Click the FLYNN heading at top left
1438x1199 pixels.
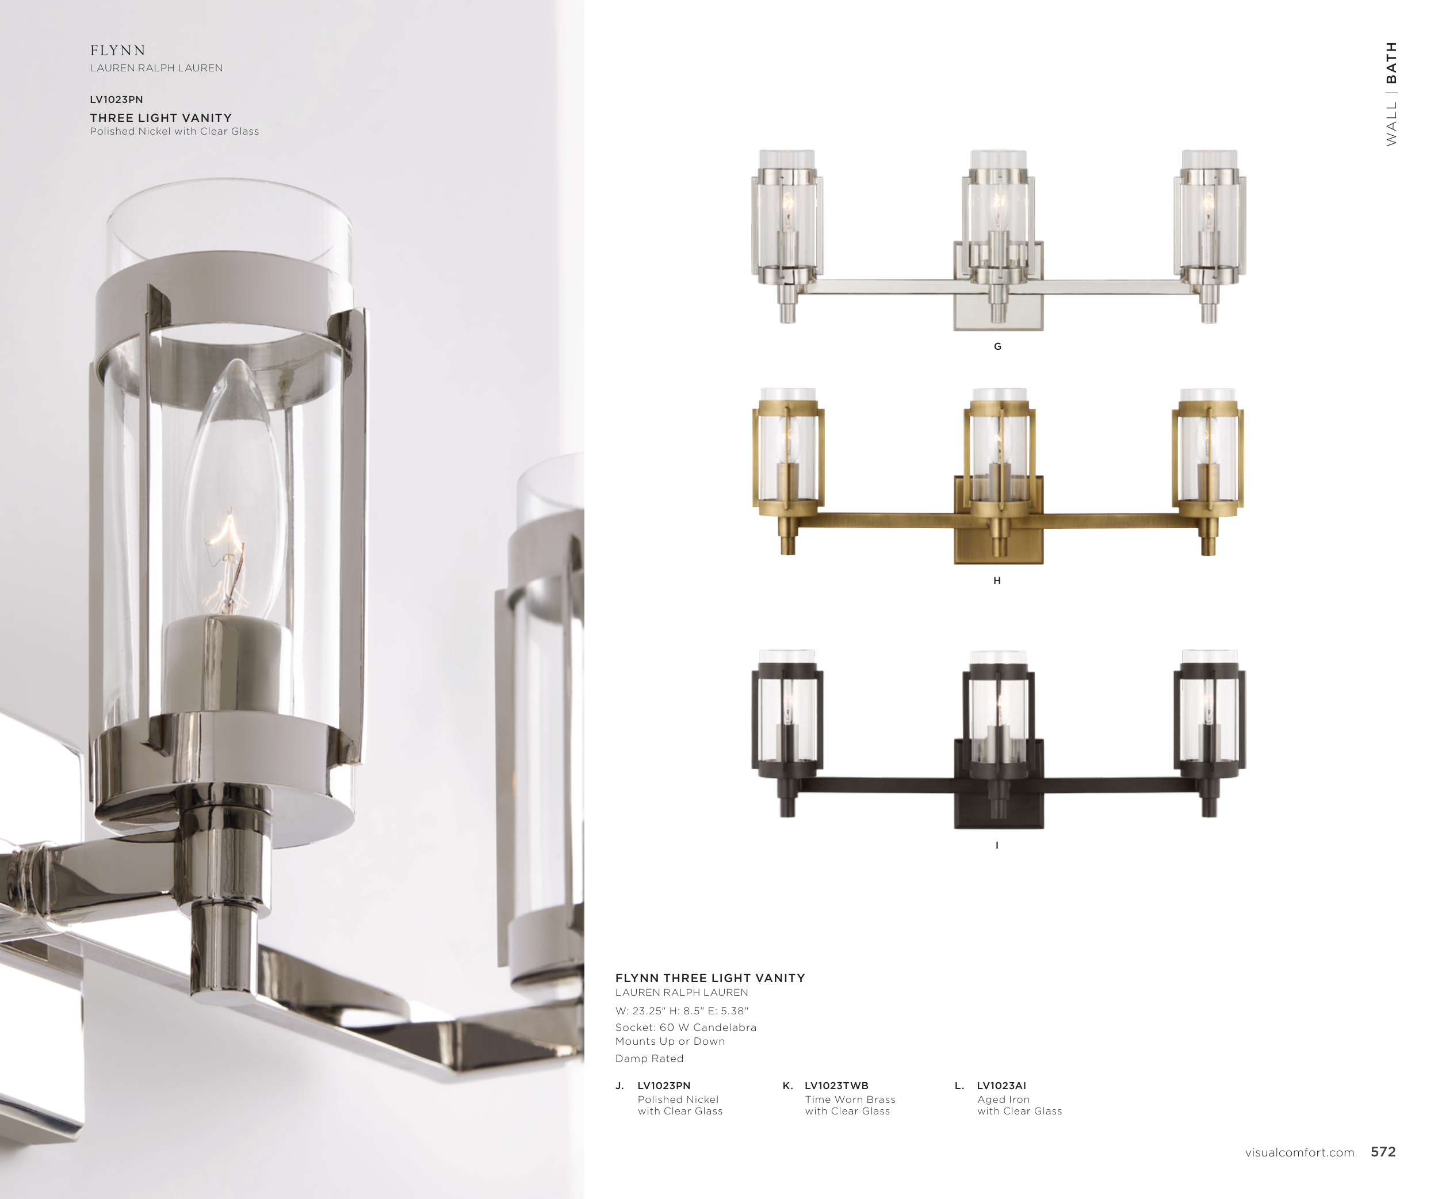click(x=118, y=51)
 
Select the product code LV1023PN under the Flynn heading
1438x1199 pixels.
click(x=116, y=100)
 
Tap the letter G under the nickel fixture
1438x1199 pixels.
click(x=998, y=346)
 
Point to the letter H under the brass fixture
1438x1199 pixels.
click(x=997, y=581)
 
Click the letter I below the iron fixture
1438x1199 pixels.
click(x=997, y=845)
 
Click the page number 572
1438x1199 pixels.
click(x=1383, y=1152)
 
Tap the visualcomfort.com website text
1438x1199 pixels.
click(x=1300, y=1152)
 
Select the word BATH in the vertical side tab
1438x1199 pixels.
click(x=1391, y=62)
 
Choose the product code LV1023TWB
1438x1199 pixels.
click(x=836, y=1085)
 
